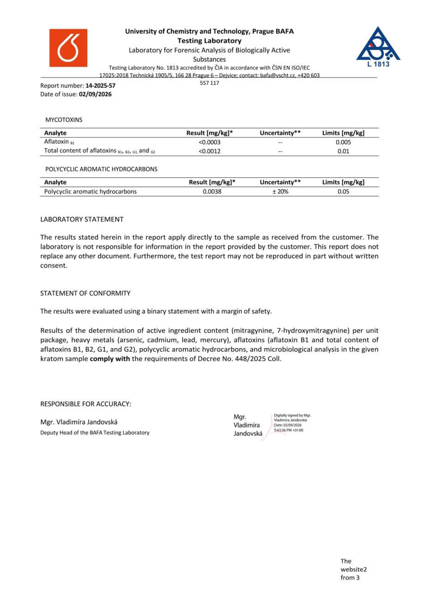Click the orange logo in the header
click(x=68, y=48)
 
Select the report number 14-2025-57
click(x=100, y=85)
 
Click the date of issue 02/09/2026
click(x=95, y=94)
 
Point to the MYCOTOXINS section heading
click(x=64, y=120)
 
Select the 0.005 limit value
click(x=343, y=142)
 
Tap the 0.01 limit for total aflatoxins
click(x=343, y=151)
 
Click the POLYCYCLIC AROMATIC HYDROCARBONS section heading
click(x=101, y=169)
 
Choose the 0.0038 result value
click(x=212, y=192)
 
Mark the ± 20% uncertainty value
click(x=280, y=192)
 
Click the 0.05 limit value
click(x=343, y=192)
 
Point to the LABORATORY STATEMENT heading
click(x=82, y=219)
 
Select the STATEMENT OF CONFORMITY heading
click(x=85, y=293)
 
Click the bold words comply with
click(x=110, y=359)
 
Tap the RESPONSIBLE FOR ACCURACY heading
click(x=86, y=404)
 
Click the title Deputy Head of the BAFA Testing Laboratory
click(x=95, y=432)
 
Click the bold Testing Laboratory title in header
click(x=209, y=41)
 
